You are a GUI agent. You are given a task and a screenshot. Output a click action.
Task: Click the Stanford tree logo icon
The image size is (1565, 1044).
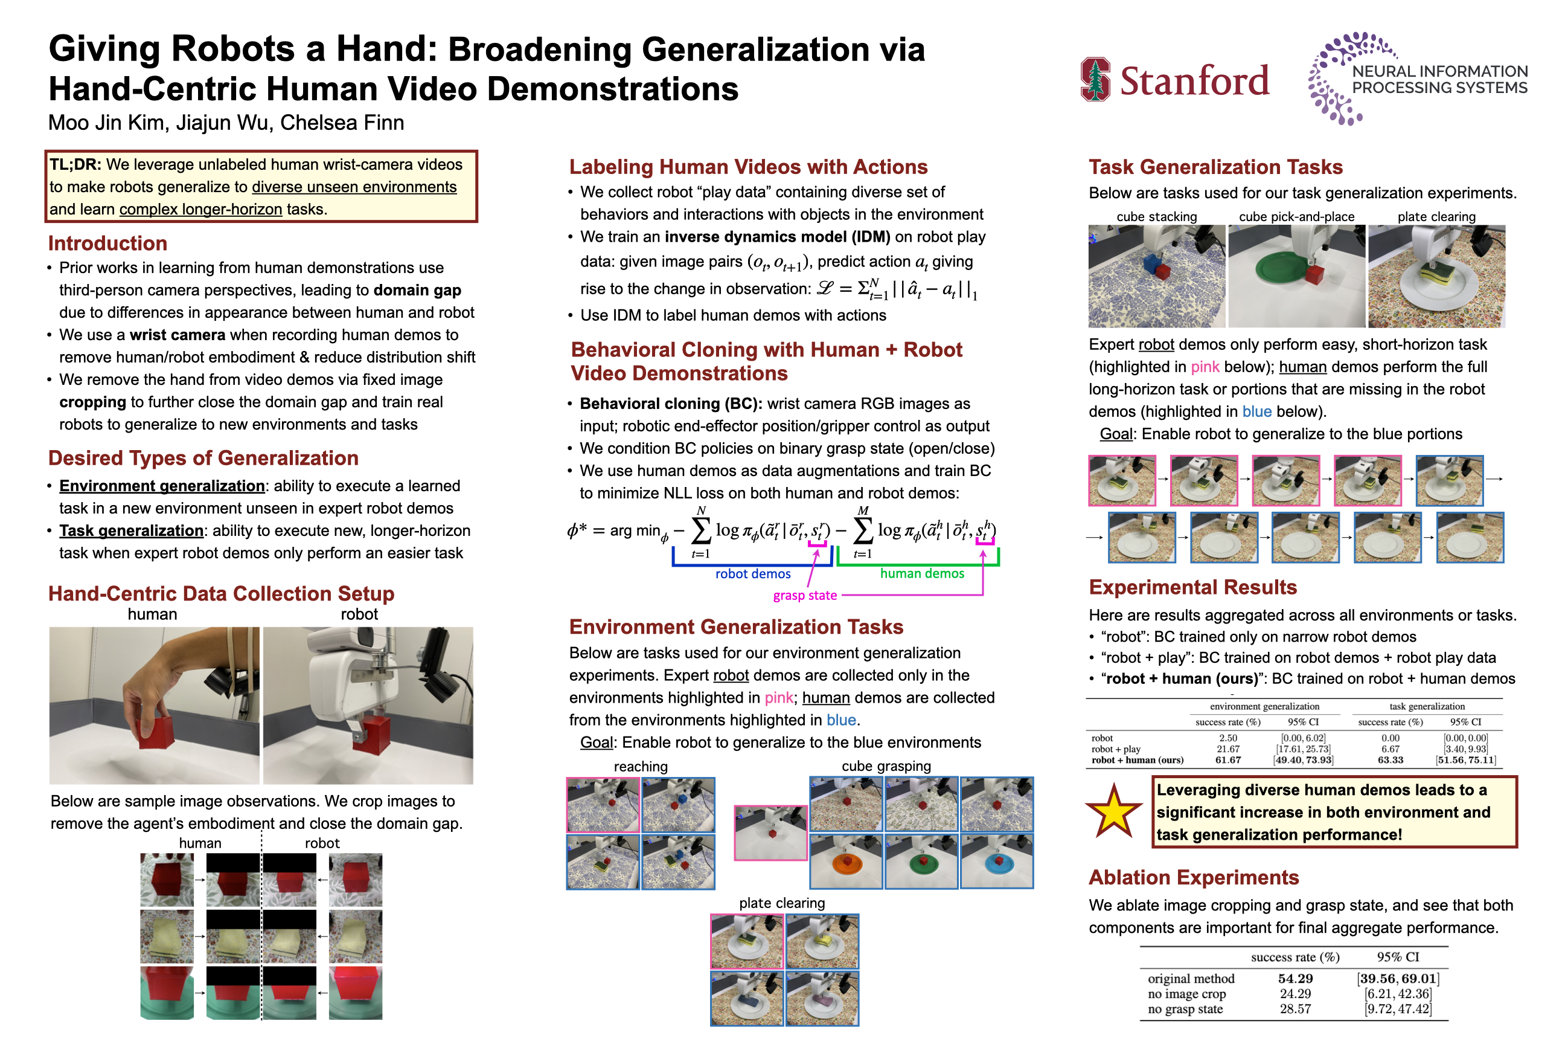point(1095,80)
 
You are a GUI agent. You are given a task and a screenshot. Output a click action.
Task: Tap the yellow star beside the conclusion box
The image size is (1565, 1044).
point(1113,811)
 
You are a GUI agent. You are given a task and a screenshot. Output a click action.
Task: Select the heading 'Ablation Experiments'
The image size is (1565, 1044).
point(1193,877)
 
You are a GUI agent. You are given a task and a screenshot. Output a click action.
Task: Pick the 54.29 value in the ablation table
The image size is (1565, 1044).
point(1295,979)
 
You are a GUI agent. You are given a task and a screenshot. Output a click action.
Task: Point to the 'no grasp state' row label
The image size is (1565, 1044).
point(1185,1010)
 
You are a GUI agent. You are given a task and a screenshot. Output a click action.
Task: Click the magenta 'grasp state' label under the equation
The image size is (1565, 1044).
point(804,596)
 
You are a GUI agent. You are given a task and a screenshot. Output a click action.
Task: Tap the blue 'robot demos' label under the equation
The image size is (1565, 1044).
point(752,574)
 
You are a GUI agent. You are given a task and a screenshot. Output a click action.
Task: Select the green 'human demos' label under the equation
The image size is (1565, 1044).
point(921,573)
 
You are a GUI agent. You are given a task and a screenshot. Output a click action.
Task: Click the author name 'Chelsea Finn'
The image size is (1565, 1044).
point(342,123)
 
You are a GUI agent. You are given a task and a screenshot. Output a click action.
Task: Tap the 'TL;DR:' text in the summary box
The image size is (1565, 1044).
point(75,164)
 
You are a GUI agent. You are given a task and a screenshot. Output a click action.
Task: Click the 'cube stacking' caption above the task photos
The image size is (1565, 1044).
point(1156,217)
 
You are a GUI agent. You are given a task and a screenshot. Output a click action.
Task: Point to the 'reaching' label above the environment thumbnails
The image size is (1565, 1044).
point(640,766)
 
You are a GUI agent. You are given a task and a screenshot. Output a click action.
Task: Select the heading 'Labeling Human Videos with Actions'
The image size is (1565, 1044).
point(748,167)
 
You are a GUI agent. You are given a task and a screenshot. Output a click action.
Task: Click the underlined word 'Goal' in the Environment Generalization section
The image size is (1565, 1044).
point(596,743)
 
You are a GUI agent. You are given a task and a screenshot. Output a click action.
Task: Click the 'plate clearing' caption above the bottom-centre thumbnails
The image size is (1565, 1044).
point(782,903)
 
